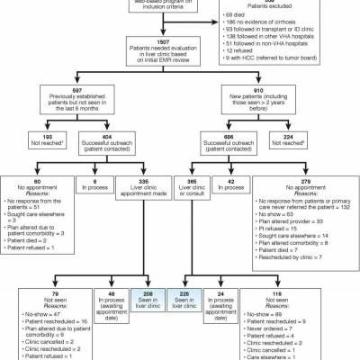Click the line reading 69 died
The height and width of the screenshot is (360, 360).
[238, 15]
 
